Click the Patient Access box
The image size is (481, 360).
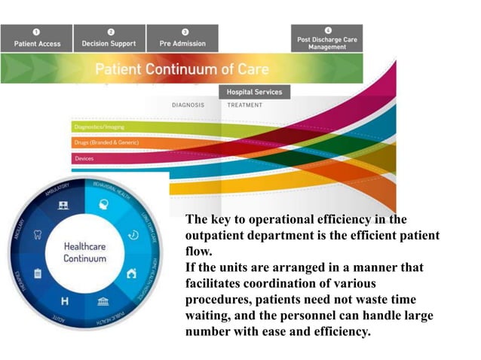click(x=37, y=38)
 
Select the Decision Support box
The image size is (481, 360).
click(x=110, y=38)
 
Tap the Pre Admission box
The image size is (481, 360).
click(x=182, y=38)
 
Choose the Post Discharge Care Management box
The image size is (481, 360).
click(x=326, y=38)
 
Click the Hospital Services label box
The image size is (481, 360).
click(x=254, y=92)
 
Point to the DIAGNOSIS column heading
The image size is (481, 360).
click(x=188, y=105)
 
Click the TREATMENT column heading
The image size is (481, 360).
click(x=245, y=105)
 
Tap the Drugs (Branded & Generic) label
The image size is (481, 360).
click(x=106, y=142)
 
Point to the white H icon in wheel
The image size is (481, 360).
click(x=65, y=303)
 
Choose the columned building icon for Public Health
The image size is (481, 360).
click(x=103, y=302)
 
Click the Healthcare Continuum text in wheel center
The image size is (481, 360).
click(x=84, y=252)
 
